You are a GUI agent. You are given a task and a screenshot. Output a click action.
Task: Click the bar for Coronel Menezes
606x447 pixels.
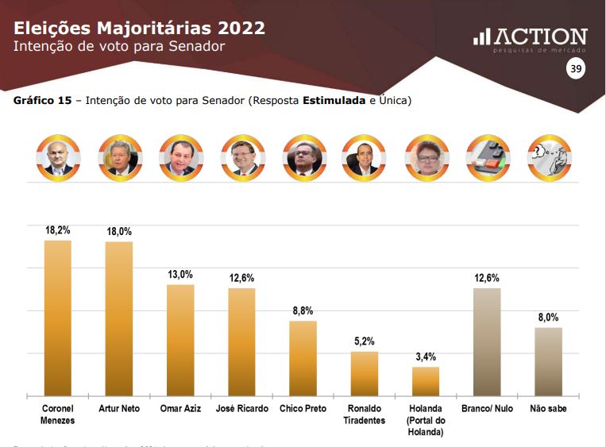click(x=57, y=318)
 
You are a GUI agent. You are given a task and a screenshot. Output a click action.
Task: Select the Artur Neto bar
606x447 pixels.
click(x=119, y=318)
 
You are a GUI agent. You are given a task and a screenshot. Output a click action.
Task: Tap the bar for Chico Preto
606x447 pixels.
click(x=303, y=358)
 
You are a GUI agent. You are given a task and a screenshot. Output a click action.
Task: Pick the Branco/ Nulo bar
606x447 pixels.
click(x=487, y=341)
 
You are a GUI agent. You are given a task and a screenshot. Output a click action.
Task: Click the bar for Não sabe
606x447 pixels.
click(x=548, y=361)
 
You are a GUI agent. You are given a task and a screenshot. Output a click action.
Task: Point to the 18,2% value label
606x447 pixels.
click(x=57, y=230)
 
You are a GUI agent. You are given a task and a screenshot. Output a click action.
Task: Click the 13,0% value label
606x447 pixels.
click(x=180, y=274)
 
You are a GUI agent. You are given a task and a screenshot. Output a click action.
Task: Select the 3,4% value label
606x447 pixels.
click(x=426, y=356)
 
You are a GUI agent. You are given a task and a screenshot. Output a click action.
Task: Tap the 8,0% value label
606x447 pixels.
click(x=548, y=317)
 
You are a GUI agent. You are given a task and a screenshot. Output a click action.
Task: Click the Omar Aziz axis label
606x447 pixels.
click(x=180, y=409)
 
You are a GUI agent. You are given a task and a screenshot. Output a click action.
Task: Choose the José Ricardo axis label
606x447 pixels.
click(x=241, y=409)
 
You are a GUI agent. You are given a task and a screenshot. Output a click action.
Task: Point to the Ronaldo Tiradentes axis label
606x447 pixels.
click(x=364, y=414)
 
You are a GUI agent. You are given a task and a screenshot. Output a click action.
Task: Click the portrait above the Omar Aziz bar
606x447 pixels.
click(x=180, y=157)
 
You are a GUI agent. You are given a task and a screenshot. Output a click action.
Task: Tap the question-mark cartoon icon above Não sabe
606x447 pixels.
click(x=548, y=157)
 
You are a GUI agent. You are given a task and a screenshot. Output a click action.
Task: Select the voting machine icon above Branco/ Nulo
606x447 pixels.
click(x=487, y=157)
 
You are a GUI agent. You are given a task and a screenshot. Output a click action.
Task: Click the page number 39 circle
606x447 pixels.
click(x=575, y=70)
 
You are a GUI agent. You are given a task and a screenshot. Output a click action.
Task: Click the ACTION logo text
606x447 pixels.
click(x=541, y=37)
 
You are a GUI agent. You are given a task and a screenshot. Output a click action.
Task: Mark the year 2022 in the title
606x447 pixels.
click(x=236, y=29)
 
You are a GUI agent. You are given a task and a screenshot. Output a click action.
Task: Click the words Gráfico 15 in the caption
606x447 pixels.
click(x=43, y=102)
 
